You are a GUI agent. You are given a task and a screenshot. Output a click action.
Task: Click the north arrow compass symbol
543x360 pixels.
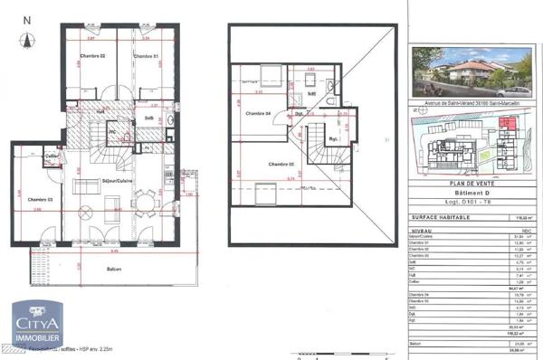tap(26, 38)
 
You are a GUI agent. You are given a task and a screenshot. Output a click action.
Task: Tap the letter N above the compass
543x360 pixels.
tap(26, 18)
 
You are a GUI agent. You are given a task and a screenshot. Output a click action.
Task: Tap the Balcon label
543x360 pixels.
tap(114, 270)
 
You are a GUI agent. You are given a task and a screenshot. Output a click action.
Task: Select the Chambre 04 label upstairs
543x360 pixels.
tap(259, 113)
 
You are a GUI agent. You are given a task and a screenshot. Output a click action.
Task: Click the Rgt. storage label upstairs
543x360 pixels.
tap(334, 138)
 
